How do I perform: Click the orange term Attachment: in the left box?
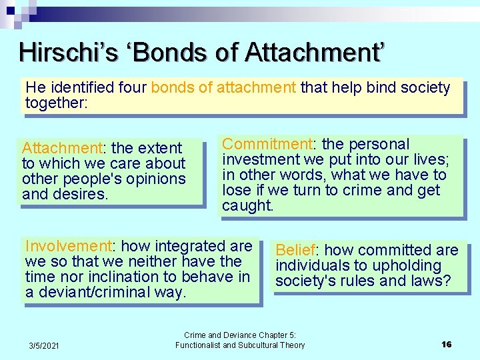(61, 148)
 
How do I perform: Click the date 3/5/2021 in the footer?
(44, 345)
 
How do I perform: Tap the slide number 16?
(447, 344)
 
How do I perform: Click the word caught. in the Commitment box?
(247, 205)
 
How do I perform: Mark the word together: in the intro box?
(57, 103)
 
